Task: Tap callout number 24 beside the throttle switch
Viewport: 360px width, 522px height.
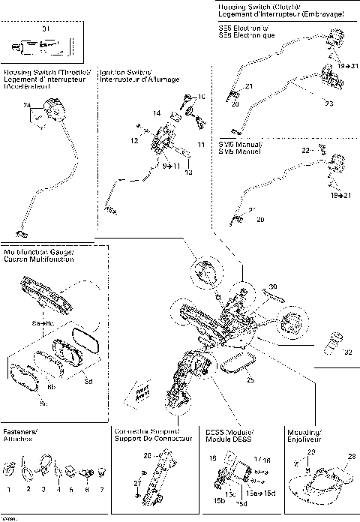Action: (x=28, y=106)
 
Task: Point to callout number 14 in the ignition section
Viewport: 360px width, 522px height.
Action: (x=156, y=112)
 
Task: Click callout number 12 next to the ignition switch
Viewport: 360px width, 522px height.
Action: (x=134, y=140)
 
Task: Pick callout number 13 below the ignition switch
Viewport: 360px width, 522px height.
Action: (x=188, y=172)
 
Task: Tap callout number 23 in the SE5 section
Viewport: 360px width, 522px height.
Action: (x=328, y=103)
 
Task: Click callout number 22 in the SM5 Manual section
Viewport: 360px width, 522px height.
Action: (x=305, y=150)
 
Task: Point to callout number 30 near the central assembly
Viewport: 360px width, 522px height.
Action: (x=273, y=286)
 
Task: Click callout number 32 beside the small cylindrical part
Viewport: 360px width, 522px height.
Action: (x=346, y=352)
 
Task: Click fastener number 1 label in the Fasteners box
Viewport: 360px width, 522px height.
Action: (x=8, y=489)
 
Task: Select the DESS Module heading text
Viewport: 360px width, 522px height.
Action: (x=229, y=436)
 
